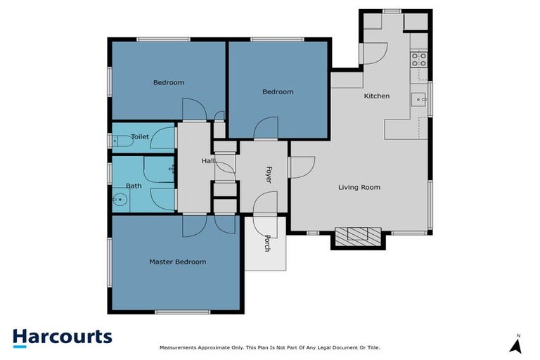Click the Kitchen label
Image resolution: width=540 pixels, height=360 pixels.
click(376, 96)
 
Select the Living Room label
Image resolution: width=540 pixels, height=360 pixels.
click(359, 187)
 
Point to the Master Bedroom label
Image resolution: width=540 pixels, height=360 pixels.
click(178, 262)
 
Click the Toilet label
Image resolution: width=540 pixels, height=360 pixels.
click(140, 137)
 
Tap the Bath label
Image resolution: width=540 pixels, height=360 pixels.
click(134, 186)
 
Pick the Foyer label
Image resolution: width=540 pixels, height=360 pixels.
click(268, 175)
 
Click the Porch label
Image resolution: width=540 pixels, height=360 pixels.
click(267, 243)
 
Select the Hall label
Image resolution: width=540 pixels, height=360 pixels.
click(207, 161)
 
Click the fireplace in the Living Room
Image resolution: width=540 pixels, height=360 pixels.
click(359, 236)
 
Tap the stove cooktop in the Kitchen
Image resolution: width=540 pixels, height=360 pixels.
click(420, 59)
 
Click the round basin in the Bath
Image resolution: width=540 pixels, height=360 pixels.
click(120, 200)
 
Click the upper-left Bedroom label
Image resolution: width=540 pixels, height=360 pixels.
click(169, 82)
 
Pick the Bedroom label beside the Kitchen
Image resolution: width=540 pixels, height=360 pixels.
click(278, 91)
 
